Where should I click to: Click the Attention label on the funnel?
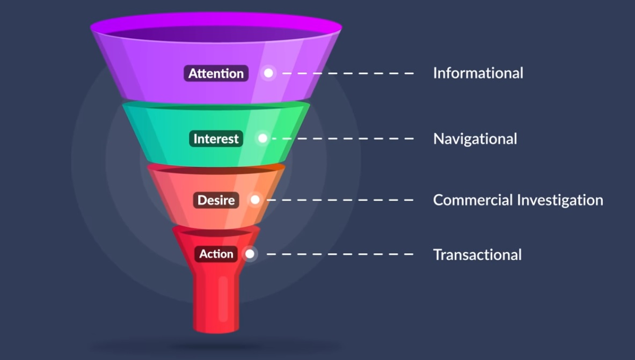click(216, 74)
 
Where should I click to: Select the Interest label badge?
click(216, 139)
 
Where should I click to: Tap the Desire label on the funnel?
click(216, 200)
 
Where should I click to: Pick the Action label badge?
click(216, 254)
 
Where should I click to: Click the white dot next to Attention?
click(268, 73)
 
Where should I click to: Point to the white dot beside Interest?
click(262, 138)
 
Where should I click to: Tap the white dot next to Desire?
click(255, 200)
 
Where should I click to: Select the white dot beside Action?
click(250, 254)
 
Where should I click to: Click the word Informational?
click(478, 73)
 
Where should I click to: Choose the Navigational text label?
click(475, 139)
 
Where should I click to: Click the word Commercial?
click(473, 200)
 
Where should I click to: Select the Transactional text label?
click(477, 254)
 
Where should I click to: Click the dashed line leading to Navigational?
click(344, 138)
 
